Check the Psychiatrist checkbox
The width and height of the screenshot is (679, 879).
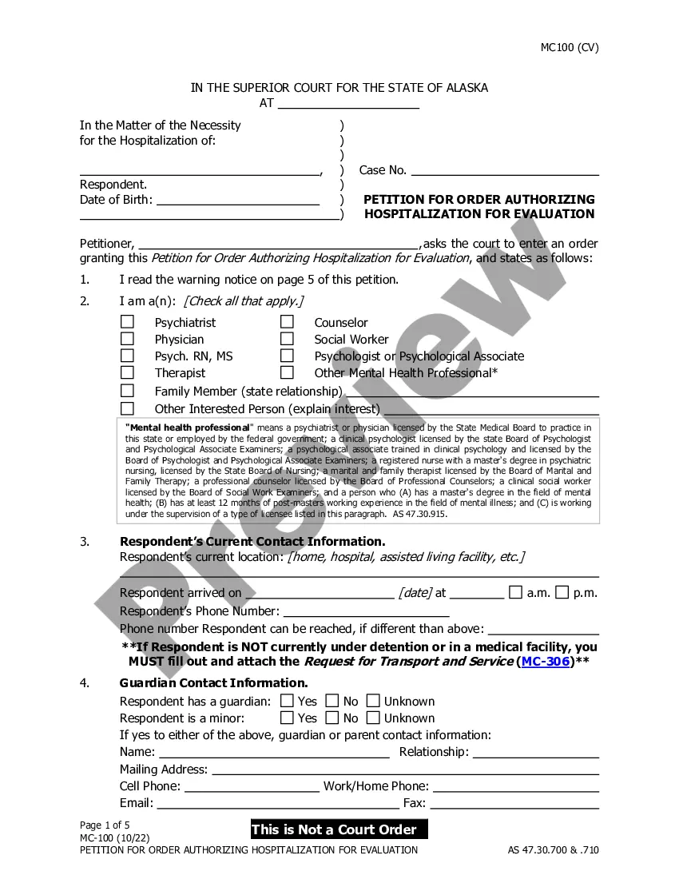(127, 322)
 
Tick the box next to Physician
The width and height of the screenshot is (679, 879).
(127, 339)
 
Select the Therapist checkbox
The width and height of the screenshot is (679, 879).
(127, 372)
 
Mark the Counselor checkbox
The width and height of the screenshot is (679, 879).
(287, 322)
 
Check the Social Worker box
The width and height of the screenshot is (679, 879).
(287, 339)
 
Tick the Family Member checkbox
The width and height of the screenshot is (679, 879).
(127, 391)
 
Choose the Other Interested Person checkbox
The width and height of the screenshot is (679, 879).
(127, 408)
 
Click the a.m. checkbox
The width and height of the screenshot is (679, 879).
(516, 592)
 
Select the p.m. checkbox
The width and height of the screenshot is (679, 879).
(562, 592)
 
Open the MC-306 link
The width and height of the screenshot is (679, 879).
(544, 662)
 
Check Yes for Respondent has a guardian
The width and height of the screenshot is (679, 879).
(287, 701)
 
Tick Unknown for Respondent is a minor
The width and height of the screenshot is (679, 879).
(373, 718)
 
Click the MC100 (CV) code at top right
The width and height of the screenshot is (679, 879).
(569, 47)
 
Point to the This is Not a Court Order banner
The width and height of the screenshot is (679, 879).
(338, 829)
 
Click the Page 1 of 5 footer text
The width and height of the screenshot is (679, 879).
(105, 825)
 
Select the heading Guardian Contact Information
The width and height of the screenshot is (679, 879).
(213, 683)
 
